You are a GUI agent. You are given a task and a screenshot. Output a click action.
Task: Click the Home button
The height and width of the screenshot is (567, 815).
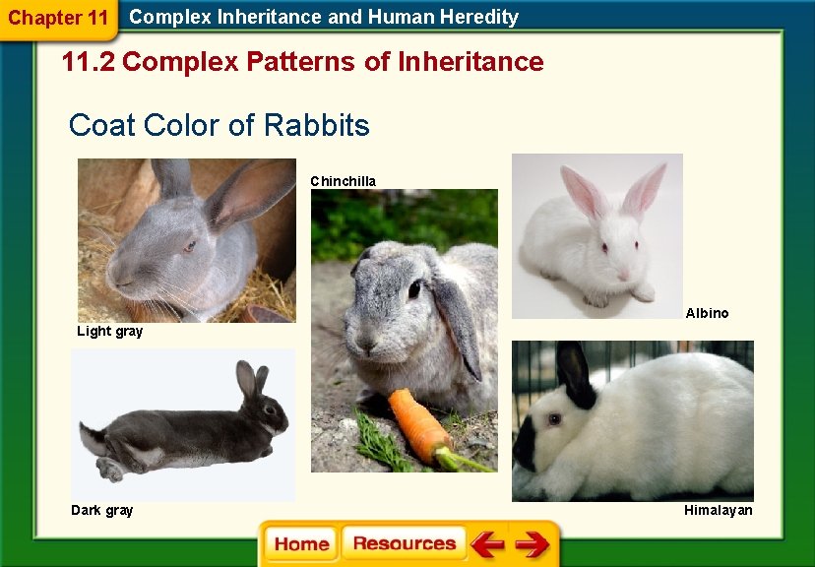pyautogui.click(x=301, y=544)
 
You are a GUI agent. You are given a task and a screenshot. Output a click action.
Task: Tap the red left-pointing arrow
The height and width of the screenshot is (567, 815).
pyautogui.click(x=487, y=544)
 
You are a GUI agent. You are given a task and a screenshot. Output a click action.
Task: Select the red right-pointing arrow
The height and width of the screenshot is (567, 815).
pyautogui.click(x=532, y=544)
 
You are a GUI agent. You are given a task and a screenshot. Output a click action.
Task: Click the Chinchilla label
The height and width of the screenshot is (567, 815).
pyautogui.click(x=343, y=181)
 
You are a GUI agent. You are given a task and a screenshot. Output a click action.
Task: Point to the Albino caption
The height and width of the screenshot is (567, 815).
pyautogui.click(x=707, y=313)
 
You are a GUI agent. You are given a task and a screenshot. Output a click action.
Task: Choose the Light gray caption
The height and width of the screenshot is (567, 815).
pyautogui.click(x=109, y=332)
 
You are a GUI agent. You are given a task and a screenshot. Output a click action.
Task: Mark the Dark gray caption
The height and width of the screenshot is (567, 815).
pyautogui.click(x=101, y=510)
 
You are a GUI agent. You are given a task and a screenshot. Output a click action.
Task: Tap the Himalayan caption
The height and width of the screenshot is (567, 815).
pyautogui.click(x=718, y=510)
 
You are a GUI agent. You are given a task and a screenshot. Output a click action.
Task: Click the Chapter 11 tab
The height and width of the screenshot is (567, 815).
pyautogui.click(x=58, y=18)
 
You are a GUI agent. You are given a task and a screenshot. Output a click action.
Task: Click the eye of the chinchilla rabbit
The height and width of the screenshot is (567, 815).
pyautogui.click(x=414, y=288)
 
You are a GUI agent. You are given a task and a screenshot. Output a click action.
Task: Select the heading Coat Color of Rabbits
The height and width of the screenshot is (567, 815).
pyautogui.click(x=219, y=126)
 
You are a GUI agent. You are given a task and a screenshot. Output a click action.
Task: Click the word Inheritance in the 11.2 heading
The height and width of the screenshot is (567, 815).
pyautogui.click(x=470, y=62)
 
